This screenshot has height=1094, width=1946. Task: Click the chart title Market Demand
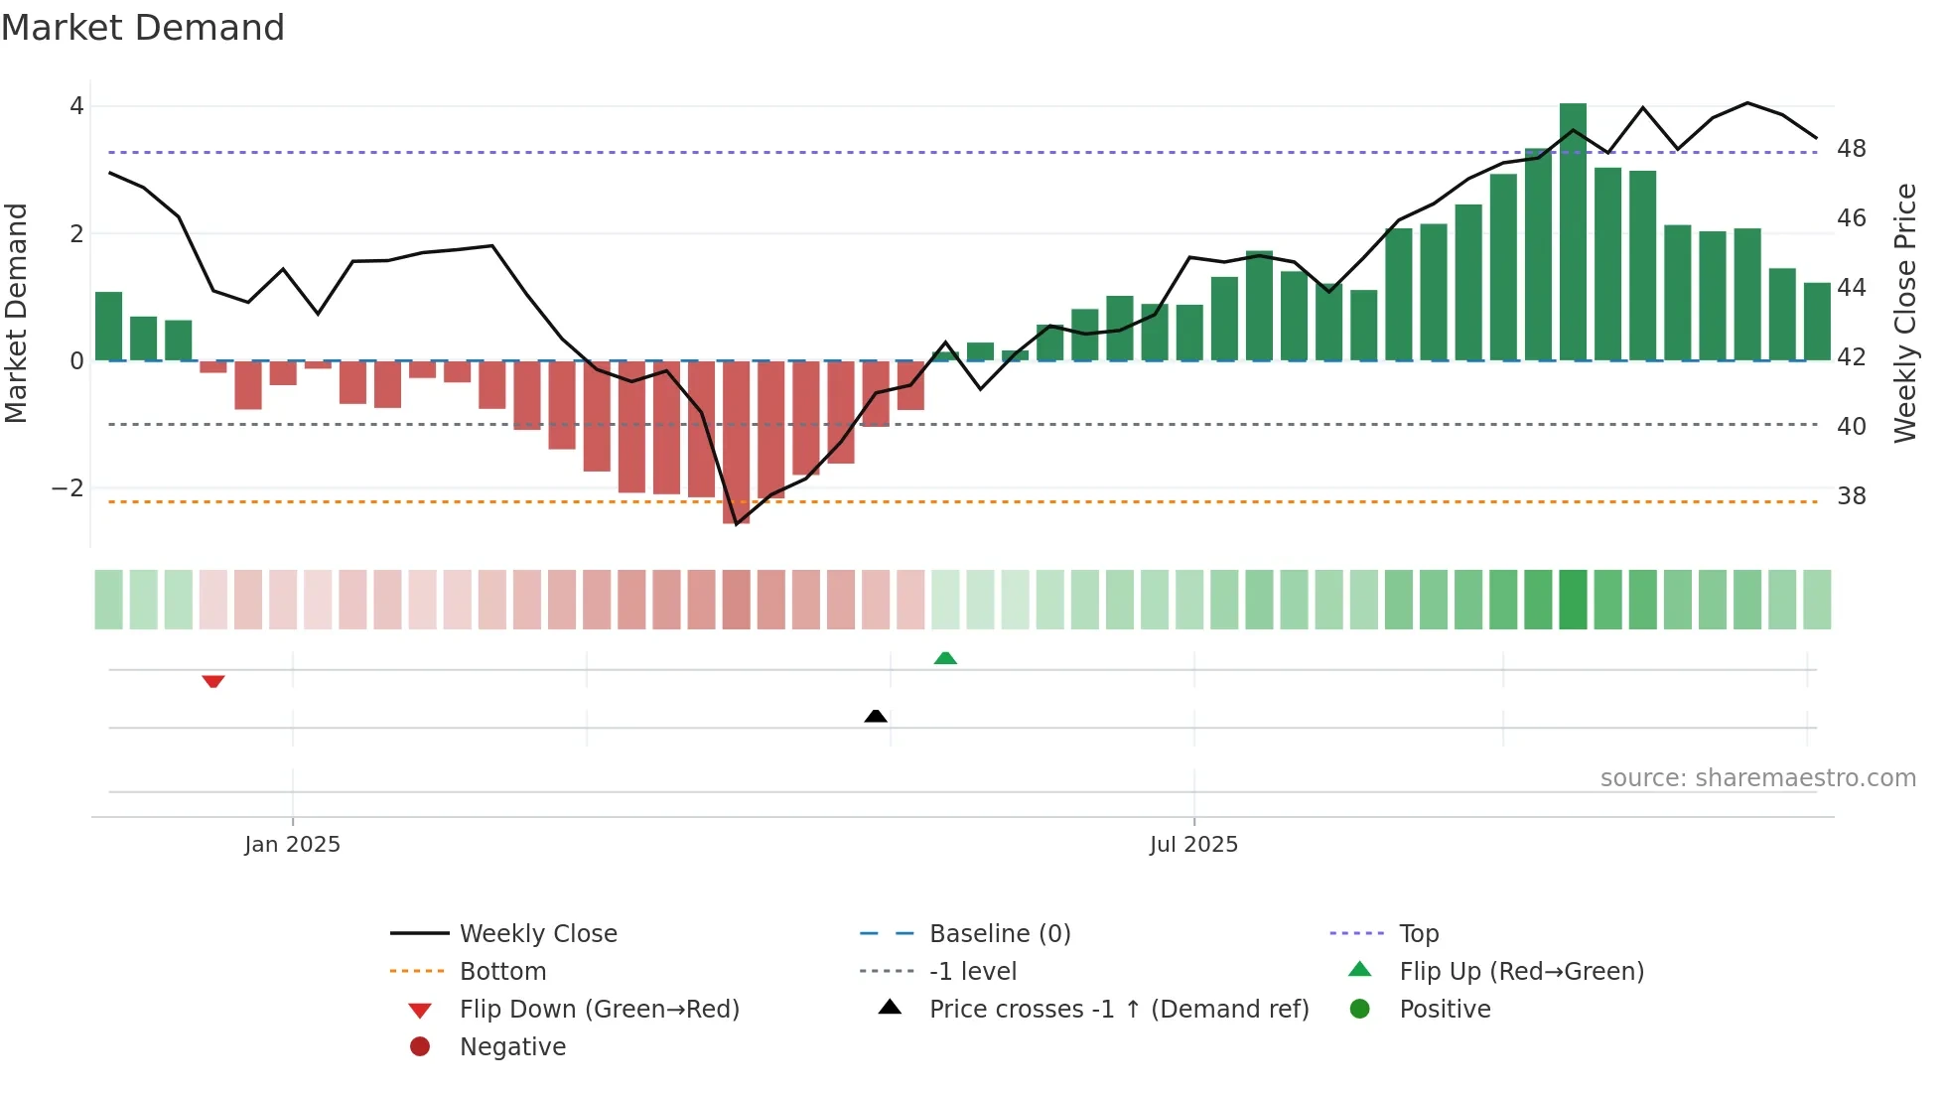coord(143,28)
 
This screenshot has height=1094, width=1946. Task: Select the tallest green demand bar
coord(1573,231)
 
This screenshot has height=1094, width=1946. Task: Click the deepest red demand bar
coord(736,442)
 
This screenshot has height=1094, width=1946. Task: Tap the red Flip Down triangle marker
coord(213,681)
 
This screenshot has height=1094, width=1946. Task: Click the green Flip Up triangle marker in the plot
coord(945,658)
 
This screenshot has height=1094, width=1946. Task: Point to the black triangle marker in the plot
coord(876,716)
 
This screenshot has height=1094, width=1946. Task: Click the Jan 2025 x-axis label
coord(292,845)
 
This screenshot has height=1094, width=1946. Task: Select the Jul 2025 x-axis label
coord(1193,845)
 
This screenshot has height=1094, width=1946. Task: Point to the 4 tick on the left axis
coord(76,106)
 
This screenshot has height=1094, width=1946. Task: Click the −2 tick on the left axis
coord(68,488)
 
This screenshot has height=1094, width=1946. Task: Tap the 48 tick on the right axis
coord(1851,149)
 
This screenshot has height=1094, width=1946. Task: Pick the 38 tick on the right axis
coord(1851,496)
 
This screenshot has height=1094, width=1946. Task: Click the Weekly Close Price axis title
coord(1904,313)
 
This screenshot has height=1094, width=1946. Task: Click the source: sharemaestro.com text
coord(1757,778)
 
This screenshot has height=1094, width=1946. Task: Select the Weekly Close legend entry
coord(537,934)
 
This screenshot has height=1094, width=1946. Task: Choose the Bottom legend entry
coord(502,972)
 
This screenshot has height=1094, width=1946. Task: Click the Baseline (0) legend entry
coord(999,934)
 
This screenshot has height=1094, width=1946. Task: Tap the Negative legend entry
coord(512,1047)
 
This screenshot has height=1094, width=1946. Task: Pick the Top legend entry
coord(1418,934)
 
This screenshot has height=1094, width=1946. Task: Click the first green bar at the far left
coord(108,327)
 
